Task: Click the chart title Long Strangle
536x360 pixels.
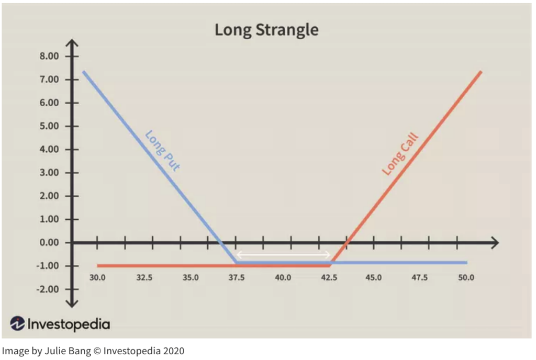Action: tap(266, 30)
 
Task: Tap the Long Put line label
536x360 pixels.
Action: tap(162, 151)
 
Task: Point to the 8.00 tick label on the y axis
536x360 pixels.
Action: tap(50, 57)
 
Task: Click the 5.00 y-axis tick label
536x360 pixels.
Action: tap(50, 126)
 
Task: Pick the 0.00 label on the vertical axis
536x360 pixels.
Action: tap(50, 243)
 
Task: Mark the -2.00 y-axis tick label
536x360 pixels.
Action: tap(48, 289)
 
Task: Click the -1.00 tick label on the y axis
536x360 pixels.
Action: tap(48, 266)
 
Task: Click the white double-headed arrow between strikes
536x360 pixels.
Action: tap(283, 255)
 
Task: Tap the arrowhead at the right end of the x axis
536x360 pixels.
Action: tap(495, 243)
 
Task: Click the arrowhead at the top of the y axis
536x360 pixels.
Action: tap(73, 43)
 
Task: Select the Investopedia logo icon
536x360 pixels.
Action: tap(18, 324)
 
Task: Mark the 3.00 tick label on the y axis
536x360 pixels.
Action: tap(50, 173)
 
